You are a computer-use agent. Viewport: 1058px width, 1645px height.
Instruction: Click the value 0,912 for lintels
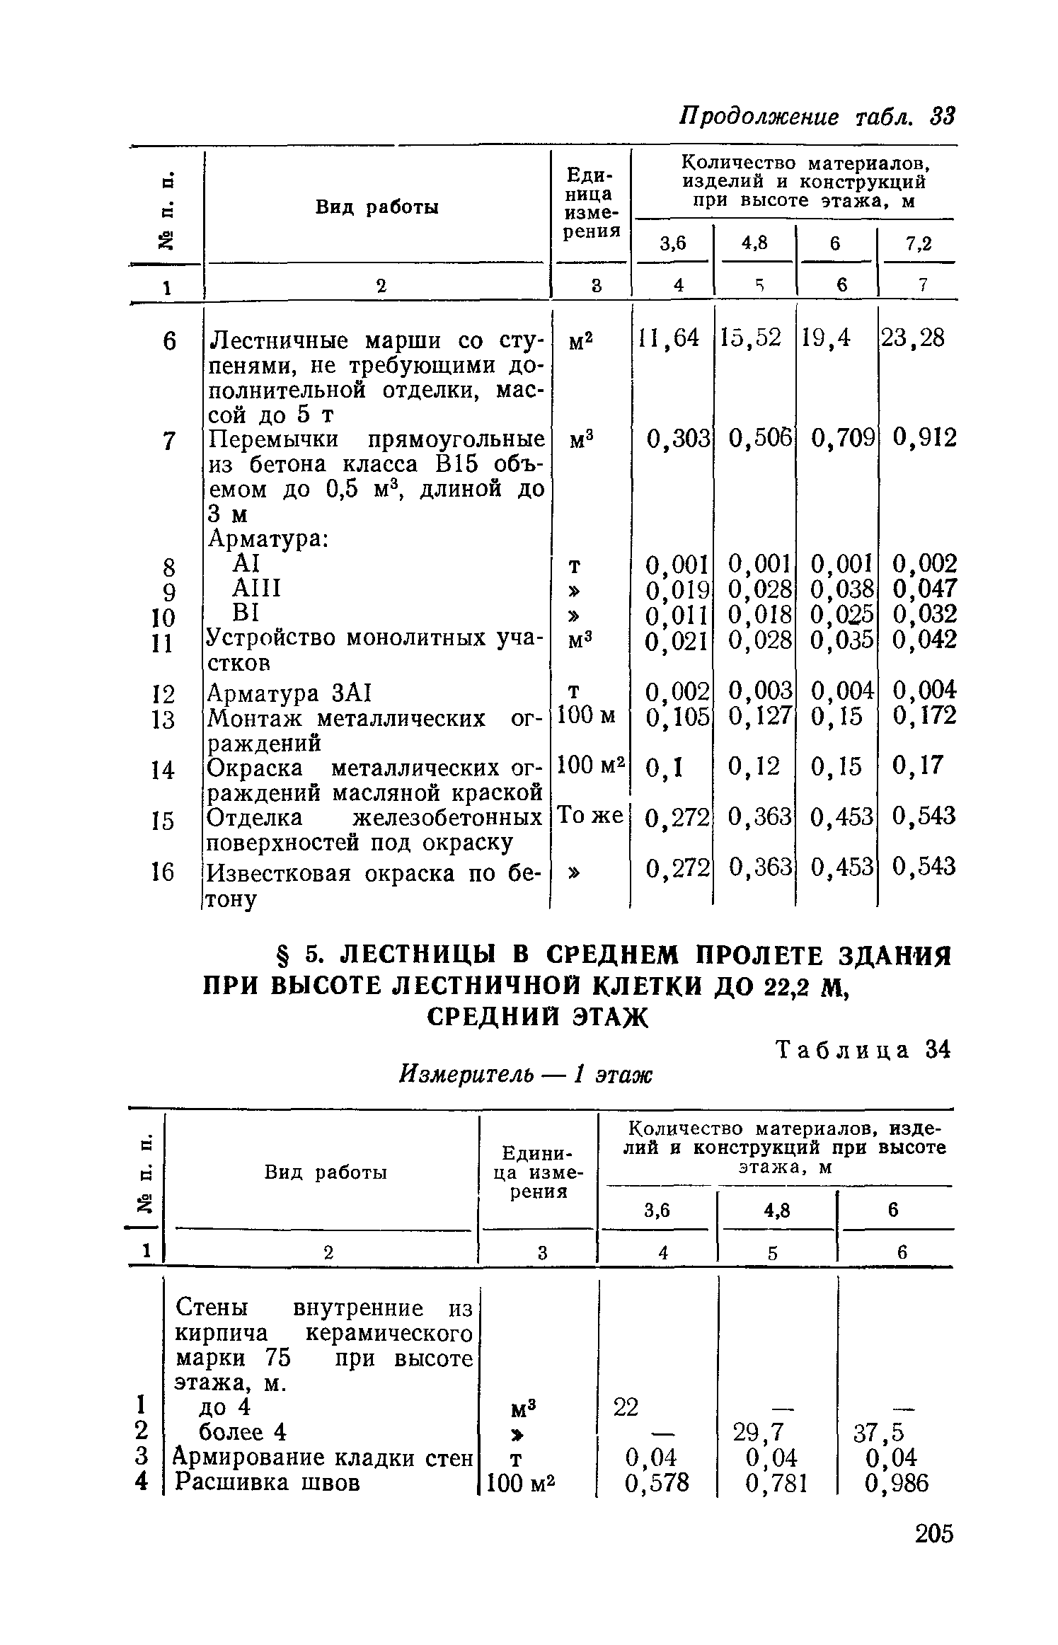point(924,439)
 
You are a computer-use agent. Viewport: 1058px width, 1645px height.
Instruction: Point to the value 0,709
point(843,439)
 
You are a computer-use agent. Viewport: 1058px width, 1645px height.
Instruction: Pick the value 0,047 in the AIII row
point(924,589)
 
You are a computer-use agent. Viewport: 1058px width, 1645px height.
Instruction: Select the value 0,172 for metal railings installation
point(924,717)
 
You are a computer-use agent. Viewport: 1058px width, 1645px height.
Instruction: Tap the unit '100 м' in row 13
point(587,717)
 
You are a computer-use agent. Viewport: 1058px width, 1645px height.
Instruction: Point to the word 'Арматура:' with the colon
point(267,539)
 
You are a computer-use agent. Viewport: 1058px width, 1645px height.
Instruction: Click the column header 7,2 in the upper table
point(919,244)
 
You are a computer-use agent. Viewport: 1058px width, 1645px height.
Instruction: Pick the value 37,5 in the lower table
point(879,1433)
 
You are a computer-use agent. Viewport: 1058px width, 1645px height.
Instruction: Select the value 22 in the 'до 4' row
point(626,1408)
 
